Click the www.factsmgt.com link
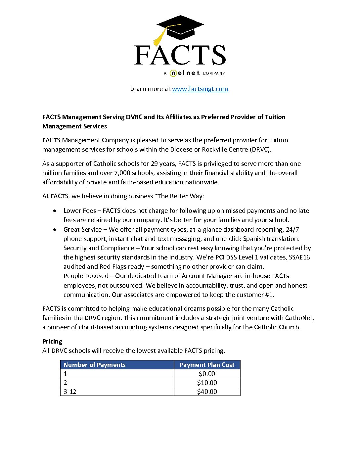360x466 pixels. pyautogui.click(x=200, y=89)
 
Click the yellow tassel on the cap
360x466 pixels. pyautogui.click(x=159, y=37)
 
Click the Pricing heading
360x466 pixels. pyautogui.click(x=52, y=341)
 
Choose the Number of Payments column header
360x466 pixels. pyautogui.click(x=95, y=365)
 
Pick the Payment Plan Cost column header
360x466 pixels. pyautogui.click(x=207, y=365)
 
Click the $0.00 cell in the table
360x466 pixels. pyautogui.click(x=207, y=374)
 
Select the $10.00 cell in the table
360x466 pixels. pyautogui.click(x=207, y=383)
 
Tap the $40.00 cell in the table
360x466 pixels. pyautogui.click(x=207, y=392)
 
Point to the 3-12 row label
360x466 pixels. pyautogui.click(x=70, y=392)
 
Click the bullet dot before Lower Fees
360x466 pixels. pyautogui.click(x=55, y=211)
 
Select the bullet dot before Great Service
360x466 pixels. pyautogui.click(x=55, y=230)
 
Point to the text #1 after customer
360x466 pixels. pyautogui.click(x=269, y=295)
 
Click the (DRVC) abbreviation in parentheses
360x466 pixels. pyautogui.click(x=261, y=149)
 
